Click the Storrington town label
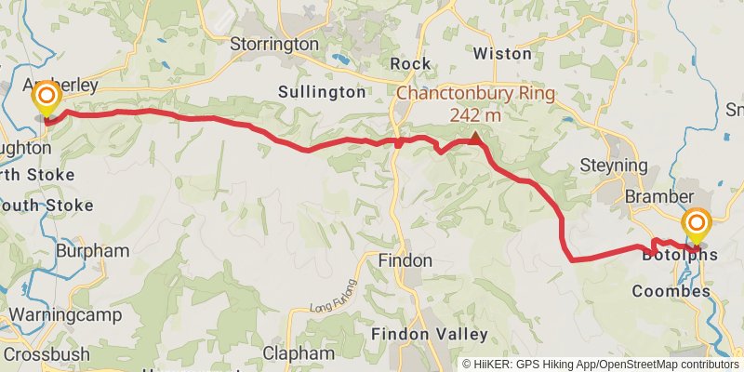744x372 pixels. [x=274, y=44]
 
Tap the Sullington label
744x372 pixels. [x=322, y=92]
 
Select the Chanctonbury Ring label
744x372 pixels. [x=475, y=94]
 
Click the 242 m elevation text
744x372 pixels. [x=475, y=115]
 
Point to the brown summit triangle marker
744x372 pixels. [x=476, y=138]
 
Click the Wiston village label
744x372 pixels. [x=502, y=53]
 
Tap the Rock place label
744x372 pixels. [x=410, y=63]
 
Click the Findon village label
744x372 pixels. [x=405, y=261]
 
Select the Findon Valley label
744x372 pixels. [x=429, y=334]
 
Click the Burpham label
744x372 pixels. [x=92, y=251]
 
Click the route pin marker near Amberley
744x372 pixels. [x=45, y=99]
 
